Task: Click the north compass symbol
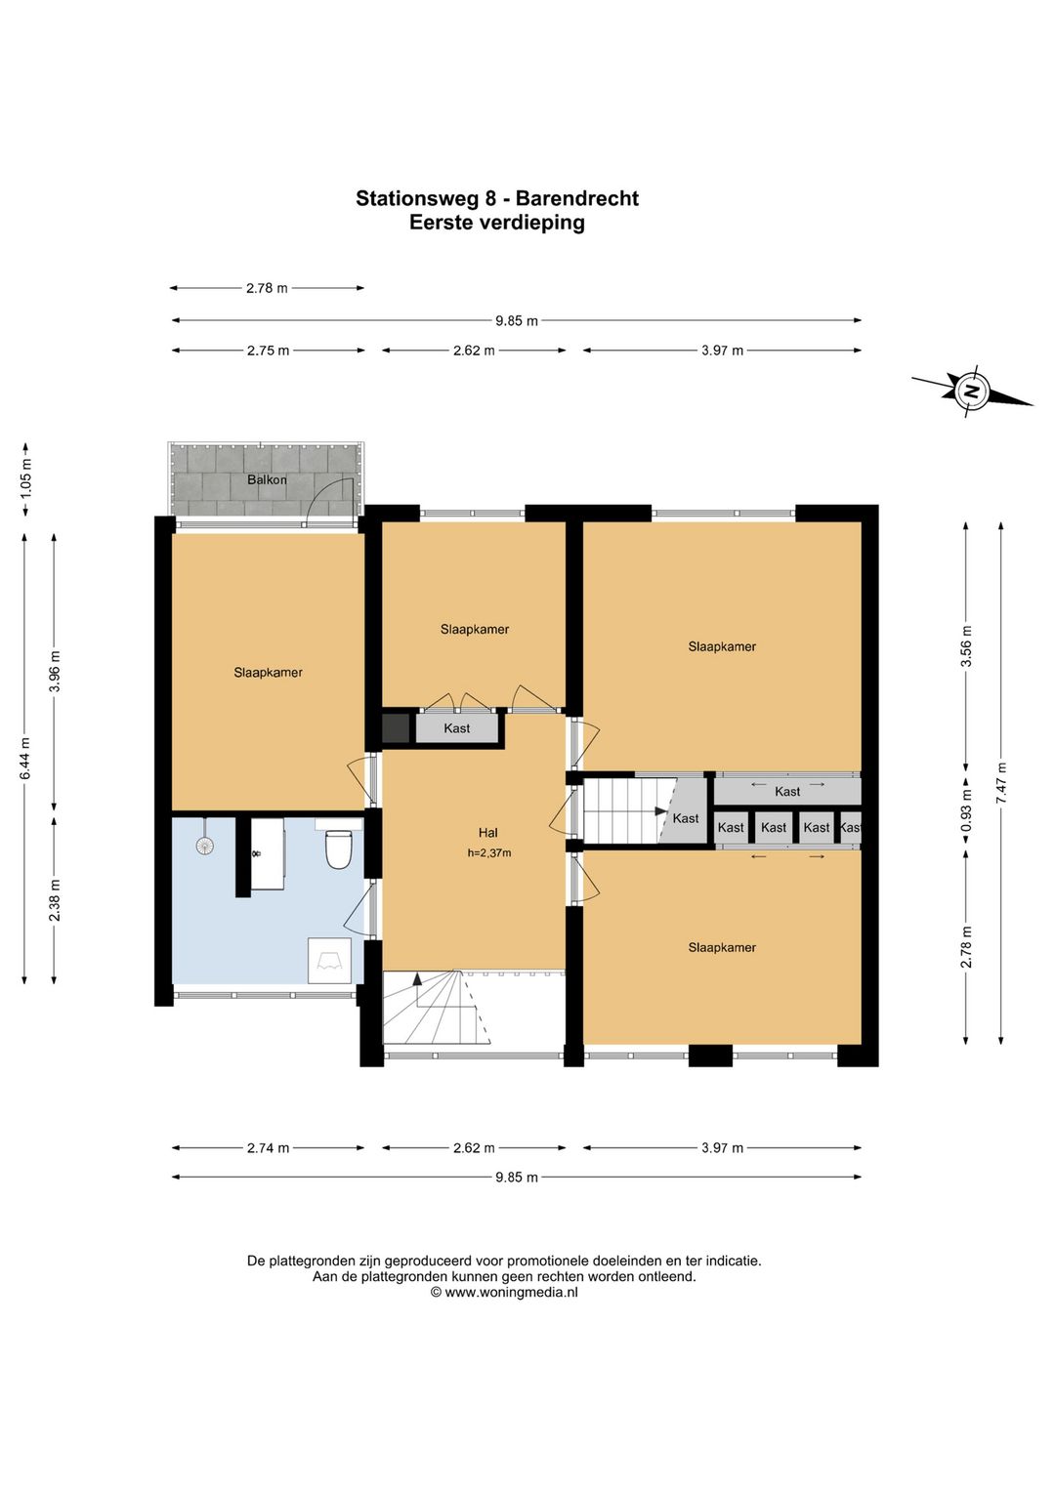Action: (972, 392)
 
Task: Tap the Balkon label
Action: (267, 478)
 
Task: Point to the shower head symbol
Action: (205, 845)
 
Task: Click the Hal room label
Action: (487, 832)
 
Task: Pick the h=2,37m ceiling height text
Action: (488, 853)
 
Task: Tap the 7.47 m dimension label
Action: (1000, 784)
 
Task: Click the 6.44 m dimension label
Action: (25, 759)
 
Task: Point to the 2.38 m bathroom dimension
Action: (55, 899)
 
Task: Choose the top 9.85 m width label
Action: (517, 320)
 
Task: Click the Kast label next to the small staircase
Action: (686, 818)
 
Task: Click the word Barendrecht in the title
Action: (577, 198)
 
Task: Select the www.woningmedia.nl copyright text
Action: (504, 1293)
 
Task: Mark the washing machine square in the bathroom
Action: (329, 960)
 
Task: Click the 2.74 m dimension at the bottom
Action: (269, 1147)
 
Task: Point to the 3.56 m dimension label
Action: (966, 645)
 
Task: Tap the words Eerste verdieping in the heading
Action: (496, 223)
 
